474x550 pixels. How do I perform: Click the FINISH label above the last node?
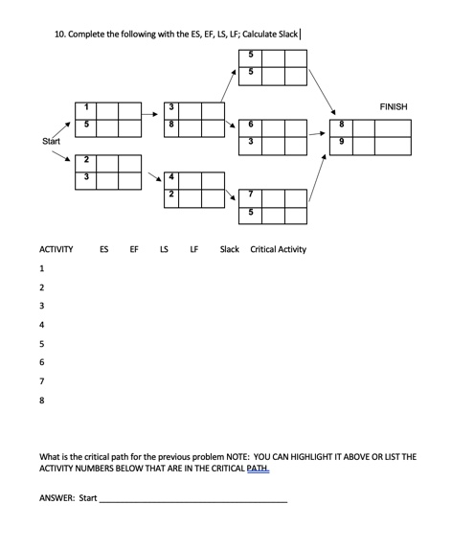coord(393,106)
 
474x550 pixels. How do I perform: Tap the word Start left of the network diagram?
coord(52,141)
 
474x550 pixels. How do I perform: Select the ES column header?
coord(103,249)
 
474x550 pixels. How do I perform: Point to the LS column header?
coord(164,249)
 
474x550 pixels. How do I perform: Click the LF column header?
coord(194,249)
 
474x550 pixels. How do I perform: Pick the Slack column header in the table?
coord(230,249)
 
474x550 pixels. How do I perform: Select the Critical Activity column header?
coord(279,249)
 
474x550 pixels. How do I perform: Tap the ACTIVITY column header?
coord(56,249)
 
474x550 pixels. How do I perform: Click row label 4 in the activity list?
coord(42,325)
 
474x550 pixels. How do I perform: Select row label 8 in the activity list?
coord(42,400)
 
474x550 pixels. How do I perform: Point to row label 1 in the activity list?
coord(42,268)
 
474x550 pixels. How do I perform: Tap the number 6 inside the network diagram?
coord(250,126)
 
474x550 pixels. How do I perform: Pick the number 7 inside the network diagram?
coord(250,195)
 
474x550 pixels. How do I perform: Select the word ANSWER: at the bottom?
coord(56,497)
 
